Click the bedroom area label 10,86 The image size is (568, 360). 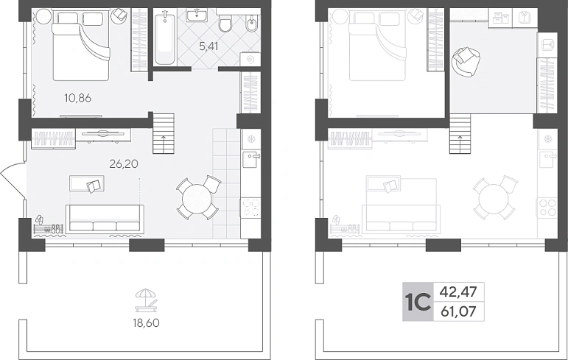tap(77, 98)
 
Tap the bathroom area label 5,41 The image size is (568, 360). tap(209, 46)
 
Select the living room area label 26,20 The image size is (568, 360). tap(124, 164)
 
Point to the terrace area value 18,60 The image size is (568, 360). tap(147, 322)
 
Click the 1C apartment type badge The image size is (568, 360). tap(418, 302)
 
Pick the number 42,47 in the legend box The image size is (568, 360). tap(458, 292)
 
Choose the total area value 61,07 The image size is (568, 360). tap(458, 311)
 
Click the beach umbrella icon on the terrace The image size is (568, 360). tap(147, 300)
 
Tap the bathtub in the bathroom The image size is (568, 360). tap(165, 38)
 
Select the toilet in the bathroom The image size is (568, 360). tap(225, 23)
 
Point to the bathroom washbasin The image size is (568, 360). tap(197, 15)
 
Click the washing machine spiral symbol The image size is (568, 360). tap(250, 59)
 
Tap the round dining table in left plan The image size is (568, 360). tap(197, 198)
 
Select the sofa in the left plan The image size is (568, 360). tap(105, 219)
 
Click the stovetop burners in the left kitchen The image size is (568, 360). tap(250, 208)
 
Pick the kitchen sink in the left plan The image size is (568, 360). tap(250, 159)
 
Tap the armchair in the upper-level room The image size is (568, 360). tap(466, 62)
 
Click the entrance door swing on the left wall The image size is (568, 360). tap(13, 180)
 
